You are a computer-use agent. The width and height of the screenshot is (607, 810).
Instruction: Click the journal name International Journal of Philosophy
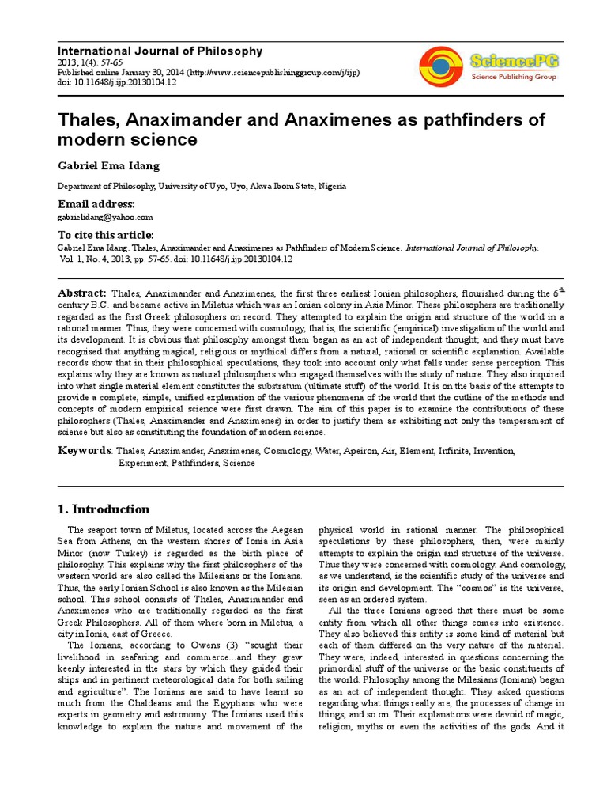160,51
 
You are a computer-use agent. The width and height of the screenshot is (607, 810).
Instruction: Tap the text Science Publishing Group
508,77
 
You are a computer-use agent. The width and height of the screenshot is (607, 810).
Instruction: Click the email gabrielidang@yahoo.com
105,216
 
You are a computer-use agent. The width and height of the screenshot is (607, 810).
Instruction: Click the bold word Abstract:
83,293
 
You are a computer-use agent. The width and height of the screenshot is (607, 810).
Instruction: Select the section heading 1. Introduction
104,509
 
